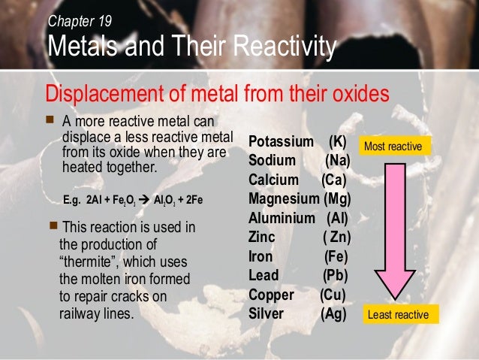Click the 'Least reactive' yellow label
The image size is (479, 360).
[398, 315]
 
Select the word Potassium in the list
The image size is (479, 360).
[281, 142]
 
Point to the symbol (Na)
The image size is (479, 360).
[338, 161]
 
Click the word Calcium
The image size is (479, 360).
[273, 180]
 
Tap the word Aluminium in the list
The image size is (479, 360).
[282, 219]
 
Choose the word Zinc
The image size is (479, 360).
[262, 237]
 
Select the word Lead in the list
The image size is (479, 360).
[263, 275]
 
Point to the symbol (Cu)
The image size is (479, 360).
[333, 295]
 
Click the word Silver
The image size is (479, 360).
[267, 313]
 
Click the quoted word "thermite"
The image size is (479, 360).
[89, 262]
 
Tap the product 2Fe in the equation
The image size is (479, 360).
[192, 201]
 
